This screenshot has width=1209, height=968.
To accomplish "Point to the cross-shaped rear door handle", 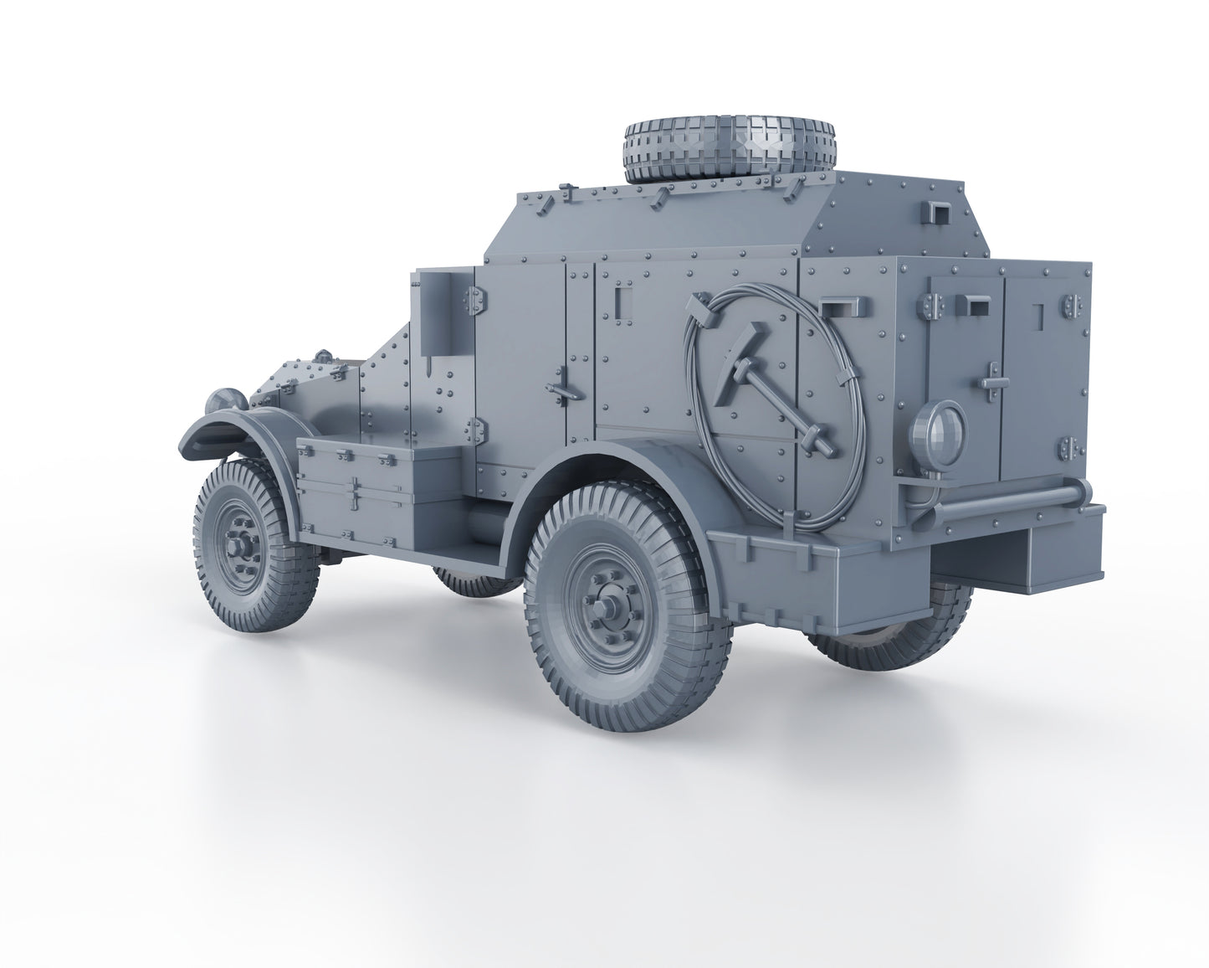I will pos(991,378).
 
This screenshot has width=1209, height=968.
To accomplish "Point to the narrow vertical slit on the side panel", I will pos(618,301).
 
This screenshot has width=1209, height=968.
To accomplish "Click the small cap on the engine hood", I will pos(322,357).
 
